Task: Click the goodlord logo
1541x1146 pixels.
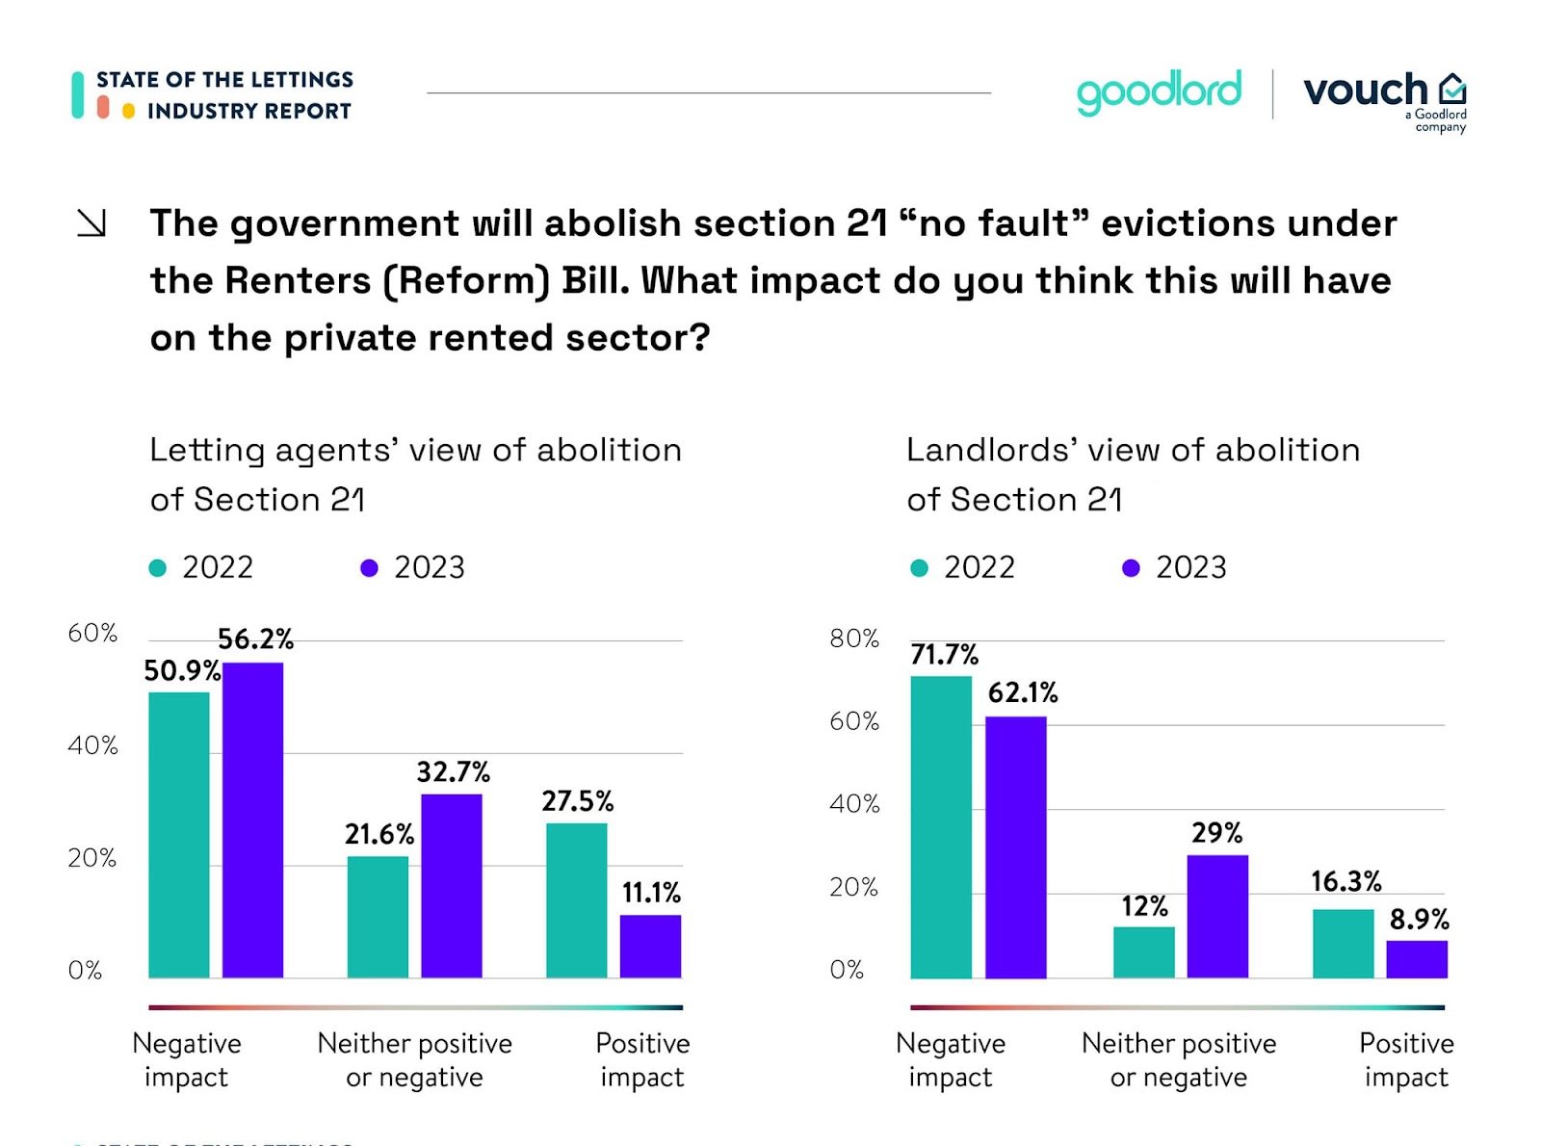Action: [1159, 92]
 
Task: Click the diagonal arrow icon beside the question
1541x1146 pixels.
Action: [91, 223]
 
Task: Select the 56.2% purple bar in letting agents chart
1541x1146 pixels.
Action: [252, 820]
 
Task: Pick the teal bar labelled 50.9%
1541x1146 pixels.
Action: [178, 834]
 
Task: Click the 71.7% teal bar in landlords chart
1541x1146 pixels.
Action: [940, 826]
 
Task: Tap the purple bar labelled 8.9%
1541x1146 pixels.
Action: [1416, 959]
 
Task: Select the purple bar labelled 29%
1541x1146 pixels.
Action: [1216, 916]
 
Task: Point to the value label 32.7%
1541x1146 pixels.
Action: [453, 771]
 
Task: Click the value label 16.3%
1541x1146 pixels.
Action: [1345, 881]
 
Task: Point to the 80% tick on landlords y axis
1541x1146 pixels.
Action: [853, 638]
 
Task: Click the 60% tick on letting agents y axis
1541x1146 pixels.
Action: [92, 633]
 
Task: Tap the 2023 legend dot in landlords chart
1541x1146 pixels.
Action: [1131, 568]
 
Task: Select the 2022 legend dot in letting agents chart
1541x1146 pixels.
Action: [158, 568]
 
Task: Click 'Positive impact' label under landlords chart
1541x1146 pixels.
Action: [1405, 1059]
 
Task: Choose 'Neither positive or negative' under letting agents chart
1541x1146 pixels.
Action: [414, 1059]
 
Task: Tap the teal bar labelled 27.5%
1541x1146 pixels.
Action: [576, 900]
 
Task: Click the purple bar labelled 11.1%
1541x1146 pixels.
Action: [650, 946]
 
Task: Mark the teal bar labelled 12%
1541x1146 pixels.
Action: [1143, 952]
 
